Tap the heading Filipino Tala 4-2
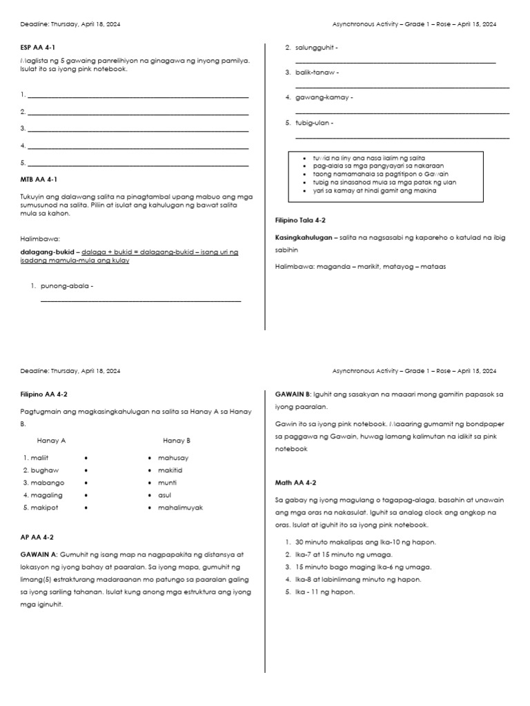pos(300,220)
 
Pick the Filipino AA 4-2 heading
pos(44,394)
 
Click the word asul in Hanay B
pos(165,495)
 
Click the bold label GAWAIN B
pos(294,394)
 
